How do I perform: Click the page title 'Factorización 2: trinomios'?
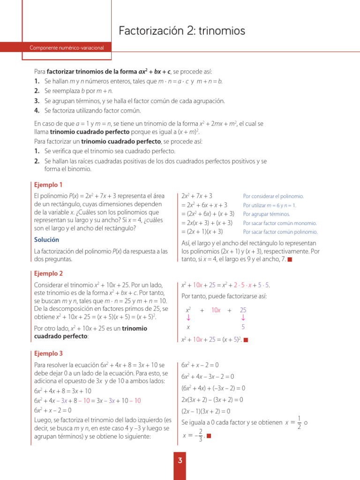(x=182, y=31)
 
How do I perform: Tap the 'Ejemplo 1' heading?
(x=48, y=185)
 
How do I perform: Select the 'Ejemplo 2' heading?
(x=48, y=273)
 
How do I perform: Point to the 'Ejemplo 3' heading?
(x=48, y=353)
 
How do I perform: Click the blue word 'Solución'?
(x=46, y=240)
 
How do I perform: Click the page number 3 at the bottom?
(x=180, y=461)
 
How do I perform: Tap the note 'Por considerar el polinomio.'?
(x=273, y=196)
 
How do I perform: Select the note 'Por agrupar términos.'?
(x=266, y=214)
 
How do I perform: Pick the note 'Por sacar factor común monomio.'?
(x=280, y=223)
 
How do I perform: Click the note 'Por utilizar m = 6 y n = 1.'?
(x=270, y=205)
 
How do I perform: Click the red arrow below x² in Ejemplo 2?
(x=188, y=318)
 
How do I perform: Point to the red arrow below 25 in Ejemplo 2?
(x=243, y=318)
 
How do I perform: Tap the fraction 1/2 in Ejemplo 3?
(x=299, y=422)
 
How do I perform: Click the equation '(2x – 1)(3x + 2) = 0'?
(x=205, y=411)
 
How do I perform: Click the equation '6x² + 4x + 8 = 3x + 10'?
(x=63, y=390)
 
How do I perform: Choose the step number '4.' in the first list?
(x=37, y=111)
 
